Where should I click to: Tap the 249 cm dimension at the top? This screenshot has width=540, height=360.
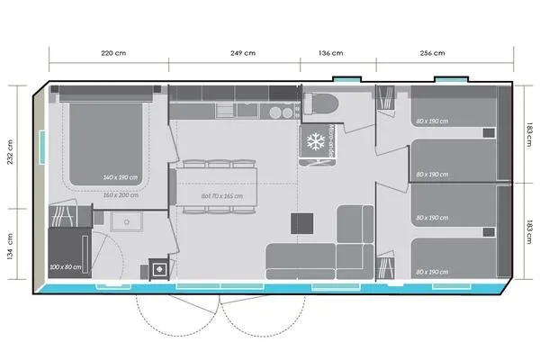tap(237, 53)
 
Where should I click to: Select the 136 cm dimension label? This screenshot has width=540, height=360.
tap(337, 53)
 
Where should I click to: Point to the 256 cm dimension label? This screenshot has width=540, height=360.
tap(433, 53)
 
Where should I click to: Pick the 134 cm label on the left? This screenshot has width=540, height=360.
tap(11, 245)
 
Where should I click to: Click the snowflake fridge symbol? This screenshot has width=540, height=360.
tap(316, 141)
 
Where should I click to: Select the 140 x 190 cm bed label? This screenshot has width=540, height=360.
tap(121, 177)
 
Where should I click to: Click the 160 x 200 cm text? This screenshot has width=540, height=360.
tap(121, 194)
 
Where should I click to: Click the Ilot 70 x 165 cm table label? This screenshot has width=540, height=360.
tap(222, 194)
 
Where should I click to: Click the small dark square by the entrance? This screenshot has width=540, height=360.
tap(159, 267)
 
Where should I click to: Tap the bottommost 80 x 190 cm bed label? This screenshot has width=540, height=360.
tap(432, 271)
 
